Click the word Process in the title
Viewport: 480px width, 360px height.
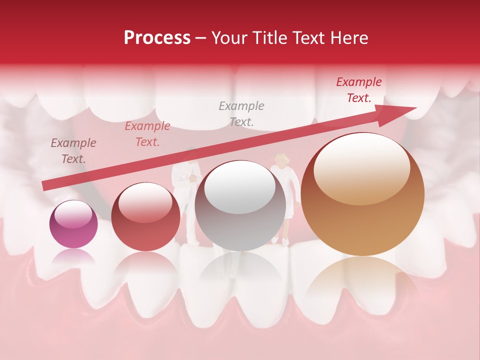point(157,38)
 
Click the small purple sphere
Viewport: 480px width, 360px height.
point(73,224)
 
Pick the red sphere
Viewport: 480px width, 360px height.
point(145,216)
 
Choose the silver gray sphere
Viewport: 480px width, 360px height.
point(240,205)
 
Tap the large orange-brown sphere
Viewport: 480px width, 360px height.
point(363,194)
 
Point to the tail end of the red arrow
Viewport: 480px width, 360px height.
point(45,186)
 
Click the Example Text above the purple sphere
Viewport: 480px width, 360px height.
point(73,151)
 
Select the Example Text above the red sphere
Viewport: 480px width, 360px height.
point(147,134)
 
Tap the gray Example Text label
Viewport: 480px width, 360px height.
point(241,113)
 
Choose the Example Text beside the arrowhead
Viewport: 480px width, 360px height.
point(358,90)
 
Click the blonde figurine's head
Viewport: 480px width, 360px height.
point(281,160)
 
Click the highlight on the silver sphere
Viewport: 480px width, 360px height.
point(240,190)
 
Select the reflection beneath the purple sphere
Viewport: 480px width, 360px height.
point(73,256)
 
